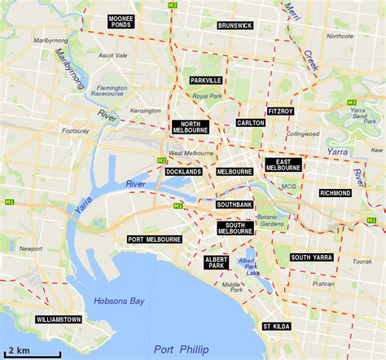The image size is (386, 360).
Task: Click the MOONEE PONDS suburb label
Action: [123, 21]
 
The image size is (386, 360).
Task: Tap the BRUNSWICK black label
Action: [235, 26]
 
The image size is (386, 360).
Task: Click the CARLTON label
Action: [250, 123]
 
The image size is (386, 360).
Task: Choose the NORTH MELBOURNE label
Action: [191, 127]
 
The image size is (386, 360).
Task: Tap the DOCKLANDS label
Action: [183, 172]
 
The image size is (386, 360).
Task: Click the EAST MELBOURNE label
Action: [283, 165]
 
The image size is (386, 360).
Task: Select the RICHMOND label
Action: [335, 193]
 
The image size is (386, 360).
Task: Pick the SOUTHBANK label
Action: [235, 204]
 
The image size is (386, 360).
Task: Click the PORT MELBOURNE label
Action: [155, 239]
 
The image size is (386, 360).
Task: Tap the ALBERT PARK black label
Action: [217, 261]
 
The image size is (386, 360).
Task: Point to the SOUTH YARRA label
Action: [311, 257]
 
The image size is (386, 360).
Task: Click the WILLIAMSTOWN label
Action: [59, 320]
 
